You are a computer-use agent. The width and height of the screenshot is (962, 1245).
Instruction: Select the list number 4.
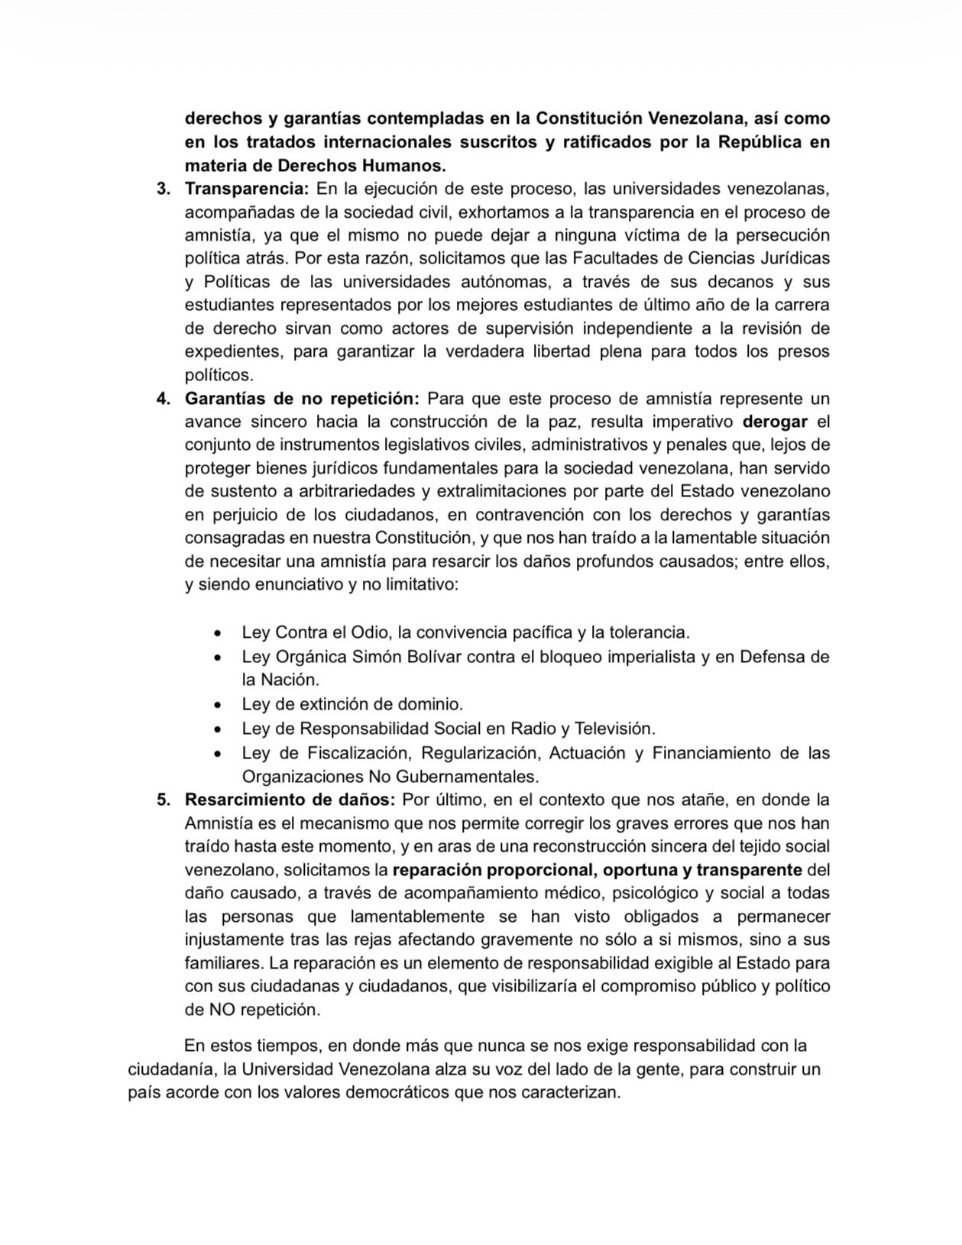(162, 399)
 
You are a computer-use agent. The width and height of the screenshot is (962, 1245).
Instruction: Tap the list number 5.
(162, 800)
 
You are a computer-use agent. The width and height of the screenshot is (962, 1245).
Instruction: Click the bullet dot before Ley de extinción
(219, 705)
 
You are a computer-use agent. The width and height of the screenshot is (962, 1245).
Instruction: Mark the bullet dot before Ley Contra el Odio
(219, 634)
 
